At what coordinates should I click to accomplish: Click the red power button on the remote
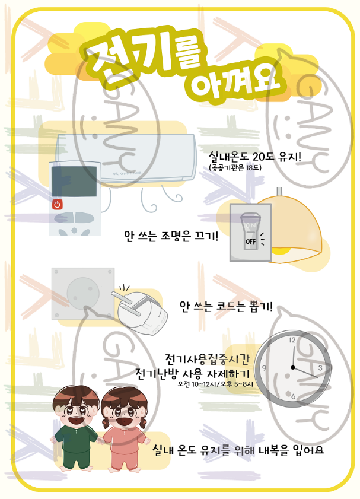[x=58, y=204]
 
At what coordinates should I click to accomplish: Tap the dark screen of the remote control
[x=74, y=181]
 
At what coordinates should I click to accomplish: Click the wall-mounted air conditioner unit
[x=126, y=158]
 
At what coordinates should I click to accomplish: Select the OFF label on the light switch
[x=251, y=241]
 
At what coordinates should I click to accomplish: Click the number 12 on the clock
[x=292, y=340]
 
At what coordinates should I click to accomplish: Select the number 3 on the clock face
[x=320, y=368]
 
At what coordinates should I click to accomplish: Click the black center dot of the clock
[x=293, y=367]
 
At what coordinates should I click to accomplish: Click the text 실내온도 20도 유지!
[x=255, y=157]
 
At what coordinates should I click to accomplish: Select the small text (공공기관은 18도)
[x=235, y=167]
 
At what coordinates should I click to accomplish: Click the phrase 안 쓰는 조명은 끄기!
[x=171, y=236]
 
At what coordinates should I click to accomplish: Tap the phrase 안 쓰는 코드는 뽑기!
[x=226, y=307]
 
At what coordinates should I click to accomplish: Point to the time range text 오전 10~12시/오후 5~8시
[x=215, y=384]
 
